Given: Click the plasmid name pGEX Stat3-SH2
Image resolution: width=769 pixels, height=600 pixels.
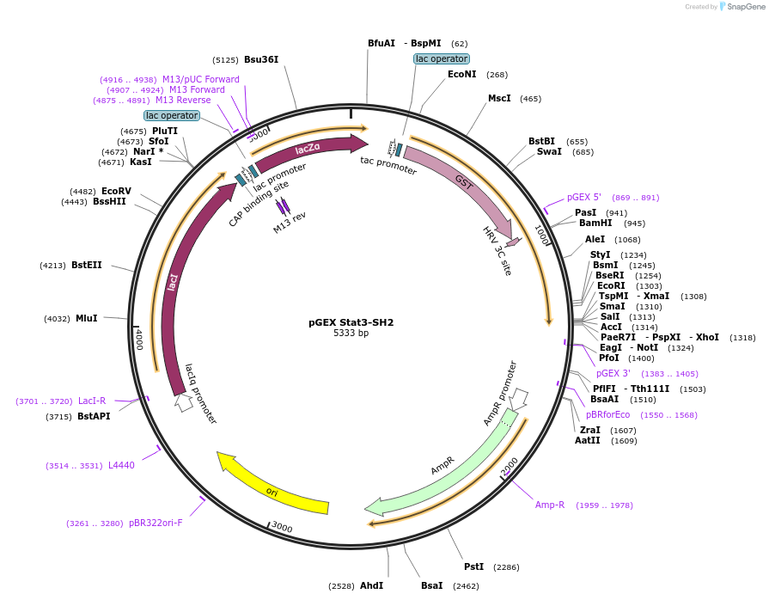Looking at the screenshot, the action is click(x=351, y=323).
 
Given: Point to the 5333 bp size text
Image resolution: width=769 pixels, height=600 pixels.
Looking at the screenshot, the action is click(x=351, y=334).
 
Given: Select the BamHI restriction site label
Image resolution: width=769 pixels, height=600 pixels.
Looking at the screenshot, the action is click(x=595, y=223).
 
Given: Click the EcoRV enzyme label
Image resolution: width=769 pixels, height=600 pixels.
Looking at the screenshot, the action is click(x=116, y=191).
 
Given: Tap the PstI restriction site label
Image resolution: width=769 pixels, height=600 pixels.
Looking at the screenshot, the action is click(x=473, y=566).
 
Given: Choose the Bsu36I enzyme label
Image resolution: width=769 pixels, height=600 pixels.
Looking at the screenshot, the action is click(x=261, y=59).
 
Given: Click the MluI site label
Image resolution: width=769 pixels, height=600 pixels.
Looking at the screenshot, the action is click(x=87, y=318).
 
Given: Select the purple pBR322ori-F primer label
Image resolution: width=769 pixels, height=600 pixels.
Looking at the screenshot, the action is click(x=156, y=523).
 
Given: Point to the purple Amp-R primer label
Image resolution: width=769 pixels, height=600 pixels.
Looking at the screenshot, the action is click(x=550, y=505).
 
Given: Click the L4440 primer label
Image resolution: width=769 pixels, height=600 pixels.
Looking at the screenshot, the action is click(x=121, y=465).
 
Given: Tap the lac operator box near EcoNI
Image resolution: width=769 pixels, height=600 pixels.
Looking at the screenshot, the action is click(x=441, y=58).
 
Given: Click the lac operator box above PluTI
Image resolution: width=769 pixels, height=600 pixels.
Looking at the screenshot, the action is click(x=172, y=115).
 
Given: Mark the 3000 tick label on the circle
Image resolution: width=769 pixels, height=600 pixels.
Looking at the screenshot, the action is click(x=281, y=528).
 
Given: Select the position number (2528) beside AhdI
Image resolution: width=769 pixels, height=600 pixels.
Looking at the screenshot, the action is click(x=341, y=586).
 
